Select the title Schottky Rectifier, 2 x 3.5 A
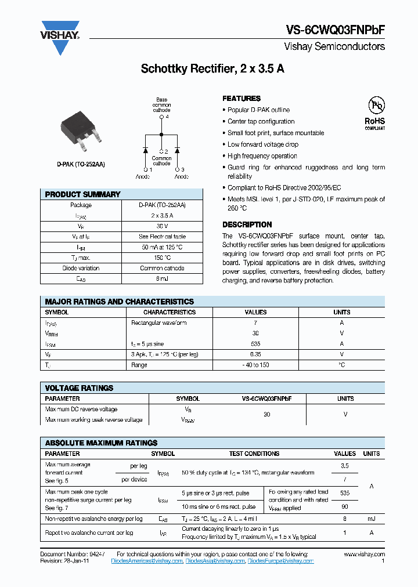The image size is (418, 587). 212,69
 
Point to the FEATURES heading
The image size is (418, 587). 242,99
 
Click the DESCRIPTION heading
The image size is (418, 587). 247,224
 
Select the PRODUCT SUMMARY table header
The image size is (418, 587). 82,194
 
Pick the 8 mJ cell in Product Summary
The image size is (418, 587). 162,279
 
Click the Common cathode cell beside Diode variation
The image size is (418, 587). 162,269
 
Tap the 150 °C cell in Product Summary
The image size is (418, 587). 162,258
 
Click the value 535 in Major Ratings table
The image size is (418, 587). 255,344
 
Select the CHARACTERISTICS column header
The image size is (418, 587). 169,312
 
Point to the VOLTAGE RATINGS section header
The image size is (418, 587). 79,388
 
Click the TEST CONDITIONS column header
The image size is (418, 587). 254,454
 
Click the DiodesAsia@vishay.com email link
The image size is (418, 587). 215,561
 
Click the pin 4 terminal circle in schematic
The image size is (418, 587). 161,117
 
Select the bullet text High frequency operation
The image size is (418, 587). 262,156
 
